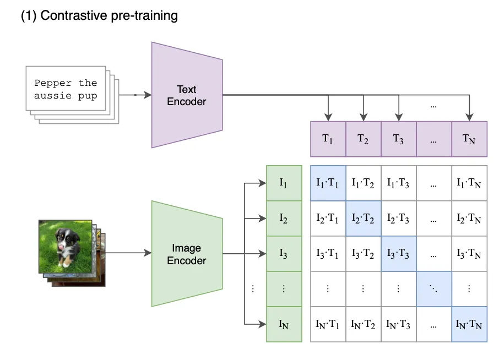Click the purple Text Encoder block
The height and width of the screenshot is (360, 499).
tap(187, 95)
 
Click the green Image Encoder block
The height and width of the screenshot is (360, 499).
tap(187, 254)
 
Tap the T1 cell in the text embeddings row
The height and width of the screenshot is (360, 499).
tap(328, 139)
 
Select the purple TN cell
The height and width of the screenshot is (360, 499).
tap(469, 139)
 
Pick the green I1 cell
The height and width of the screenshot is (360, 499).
tap(284, 183)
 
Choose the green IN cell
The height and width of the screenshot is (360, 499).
tap(284, 324)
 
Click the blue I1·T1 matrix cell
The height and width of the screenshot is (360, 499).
tap(328, 183)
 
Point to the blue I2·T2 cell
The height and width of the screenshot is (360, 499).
tap(364, 219)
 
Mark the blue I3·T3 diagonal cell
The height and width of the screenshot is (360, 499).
tap(399, 254)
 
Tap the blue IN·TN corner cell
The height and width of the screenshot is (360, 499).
tap(469, 324)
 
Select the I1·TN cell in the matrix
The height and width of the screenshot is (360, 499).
tap(469, 183)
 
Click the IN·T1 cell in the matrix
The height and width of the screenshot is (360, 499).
tap(328, 324)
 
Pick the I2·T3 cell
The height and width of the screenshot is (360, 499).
tap(399, 219)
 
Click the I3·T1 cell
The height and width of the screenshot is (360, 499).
tap(328, 254)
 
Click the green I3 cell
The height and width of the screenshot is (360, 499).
tap(284, 254)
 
